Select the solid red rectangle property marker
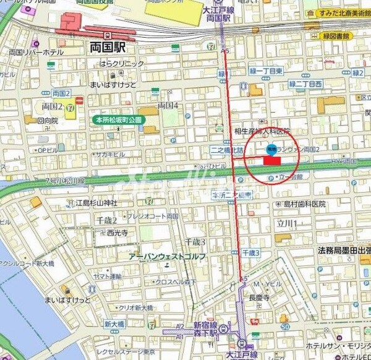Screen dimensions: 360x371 [272, 160]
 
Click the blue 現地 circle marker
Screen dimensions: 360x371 [271, 148]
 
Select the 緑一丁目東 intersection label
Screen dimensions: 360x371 [267, 72]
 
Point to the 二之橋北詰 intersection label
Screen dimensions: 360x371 [229, 149]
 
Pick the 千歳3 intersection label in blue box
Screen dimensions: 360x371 [251, 253]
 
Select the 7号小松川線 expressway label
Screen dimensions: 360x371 [64, 181]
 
